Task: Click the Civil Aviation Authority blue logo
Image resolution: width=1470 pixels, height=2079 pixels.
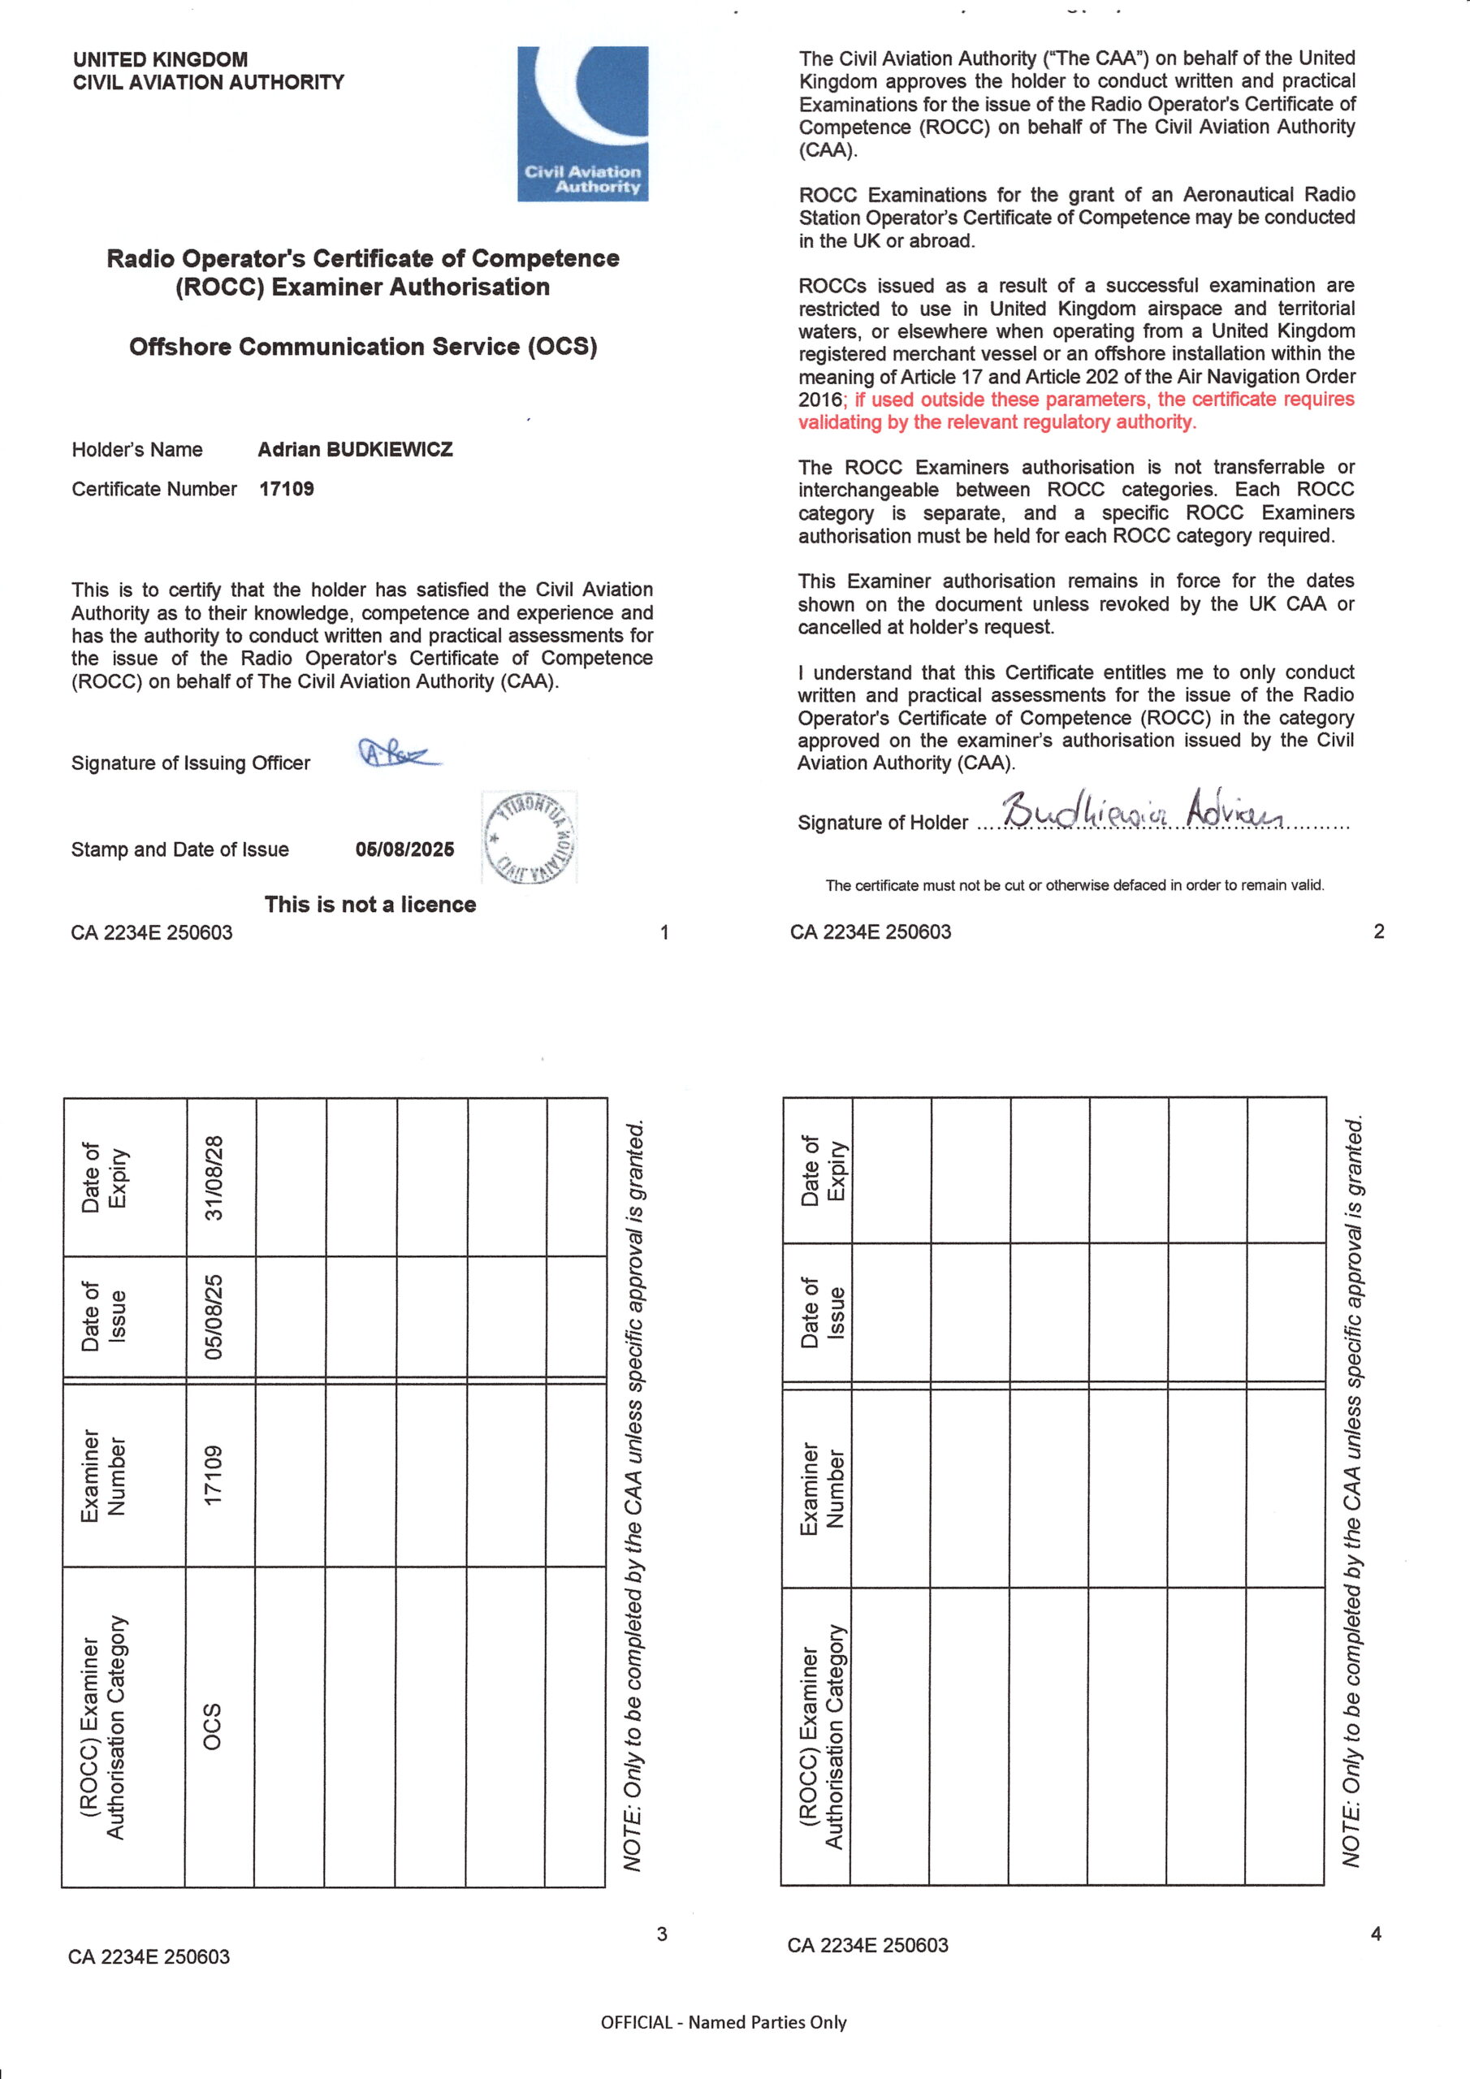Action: click(x=582, y=123)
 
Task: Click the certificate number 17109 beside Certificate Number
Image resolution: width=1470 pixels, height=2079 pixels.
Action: click(x=286, y=489)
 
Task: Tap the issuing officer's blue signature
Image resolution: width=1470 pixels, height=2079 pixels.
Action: click(x=399, y=753)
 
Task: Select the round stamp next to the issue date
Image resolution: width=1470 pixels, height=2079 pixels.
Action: click(x=530, y=836)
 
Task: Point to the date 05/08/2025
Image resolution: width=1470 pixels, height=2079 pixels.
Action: click(x=405, y=849)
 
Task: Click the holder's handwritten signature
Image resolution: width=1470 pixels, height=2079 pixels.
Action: click(x=1141, y=810)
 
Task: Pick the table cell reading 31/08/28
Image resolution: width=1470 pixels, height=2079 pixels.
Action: click(x=214, y=1177)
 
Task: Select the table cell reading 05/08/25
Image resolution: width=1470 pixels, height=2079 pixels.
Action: click(x=214, y=1316)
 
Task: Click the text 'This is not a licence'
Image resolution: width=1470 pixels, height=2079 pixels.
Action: click(x=370, y=904)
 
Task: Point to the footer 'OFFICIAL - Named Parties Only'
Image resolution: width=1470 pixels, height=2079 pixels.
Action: click(x=723, y=2022)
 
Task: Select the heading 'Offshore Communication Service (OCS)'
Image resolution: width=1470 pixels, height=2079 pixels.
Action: click(x=363, y=347)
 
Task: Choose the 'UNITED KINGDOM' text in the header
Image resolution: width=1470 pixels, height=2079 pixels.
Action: click(x=160, y=60)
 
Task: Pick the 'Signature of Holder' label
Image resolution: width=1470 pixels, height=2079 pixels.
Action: click(x=882, y=822)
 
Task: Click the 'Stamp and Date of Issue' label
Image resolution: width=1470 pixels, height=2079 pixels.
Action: click(x=180, y=849)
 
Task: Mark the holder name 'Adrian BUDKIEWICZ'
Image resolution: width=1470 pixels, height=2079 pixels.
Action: click(x=355, y=449)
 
